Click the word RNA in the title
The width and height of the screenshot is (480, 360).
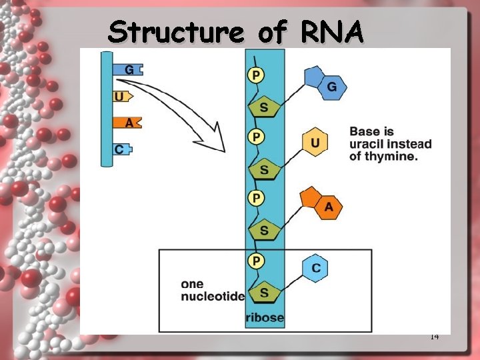(331, 31)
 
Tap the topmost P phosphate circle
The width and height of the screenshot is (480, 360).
(255, 75)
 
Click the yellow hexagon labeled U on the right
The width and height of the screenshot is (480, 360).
(315, 143)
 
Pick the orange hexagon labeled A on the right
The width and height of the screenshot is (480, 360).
(328, 207)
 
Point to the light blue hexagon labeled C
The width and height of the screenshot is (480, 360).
(316, 268)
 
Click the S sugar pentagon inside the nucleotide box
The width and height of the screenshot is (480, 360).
(264, 292)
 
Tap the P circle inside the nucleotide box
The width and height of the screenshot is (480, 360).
(255, 259)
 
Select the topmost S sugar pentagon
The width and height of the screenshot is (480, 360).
(264, 107)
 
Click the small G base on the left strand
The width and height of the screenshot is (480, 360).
(128, 69)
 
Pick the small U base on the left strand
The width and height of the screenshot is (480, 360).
(119, 97)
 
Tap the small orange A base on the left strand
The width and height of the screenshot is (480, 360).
(128, 123)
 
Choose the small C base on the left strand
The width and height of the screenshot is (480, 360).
(120, 149)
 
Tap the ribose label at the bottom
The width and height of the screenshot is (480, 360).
(265, 317)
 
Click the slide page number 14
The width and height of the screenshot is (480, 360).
(434, 337)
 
